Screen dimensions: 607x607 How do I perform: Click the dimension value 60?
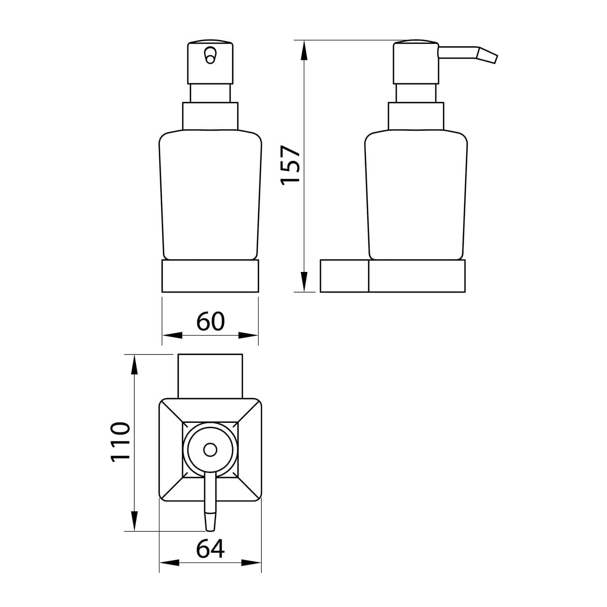tap(210, 322)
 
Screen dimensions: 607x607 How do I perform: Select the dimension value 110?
tap(120, 441)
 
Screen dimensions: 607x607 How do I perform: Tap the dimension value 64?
tap(210, 549)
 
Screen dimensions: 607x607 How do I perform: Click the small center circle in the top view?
tap(210, 450)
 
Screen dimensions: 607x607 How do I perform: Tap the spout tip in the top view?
tap(210, 522)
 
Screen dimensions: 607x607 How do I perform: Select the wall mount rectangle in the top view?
tap(210, 376)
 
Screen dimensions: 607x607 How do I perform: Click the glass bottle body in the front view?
tap(210, 194)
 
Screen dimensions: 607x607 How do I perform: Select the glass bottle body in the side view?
tap(416, 194)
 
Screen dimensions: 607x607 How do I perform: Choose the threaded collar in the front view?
tap(210, 116)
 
